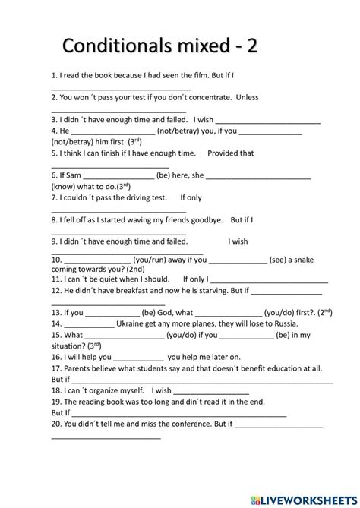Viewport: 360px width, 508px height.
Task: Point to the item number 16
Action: coord(57,356)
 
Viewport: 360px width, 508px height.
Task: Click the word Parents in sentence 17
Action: coord(80,368)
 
